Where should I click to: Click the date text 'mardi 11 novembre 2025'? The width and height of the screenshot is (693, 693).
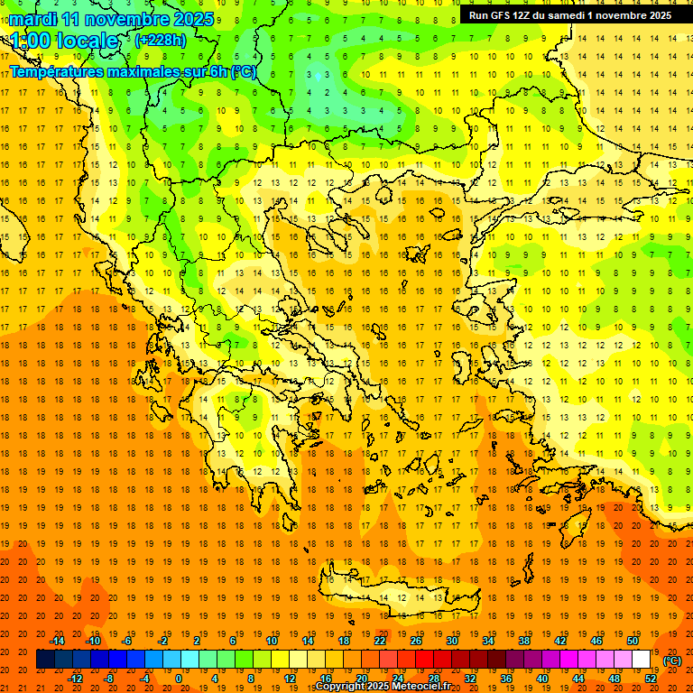[112, 19]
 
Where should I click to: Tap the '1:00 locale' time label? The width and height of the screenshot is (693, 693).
[64, 41]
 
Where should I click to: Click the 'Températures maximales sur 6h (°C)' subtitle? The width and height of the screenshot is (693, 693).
[132, 71]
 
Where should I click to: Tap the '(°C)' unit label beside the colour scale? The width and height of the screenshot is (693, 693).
[672, 661]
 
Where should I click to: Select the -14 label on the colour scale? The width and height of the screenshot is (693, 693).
[58, 641]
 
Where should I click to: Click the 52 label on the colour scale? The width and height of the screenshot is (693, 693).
[651, 679]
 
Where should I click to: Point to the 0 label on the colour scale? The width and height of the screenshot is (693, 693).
[179, 679]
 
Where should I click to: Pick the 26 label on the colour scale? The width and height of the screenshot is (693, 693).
[416, 641]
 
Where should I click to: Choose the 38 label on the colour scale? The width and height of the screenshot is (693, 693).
[524, 641]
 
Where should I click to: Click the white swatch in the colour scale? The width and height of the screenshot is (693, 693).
[642, 660]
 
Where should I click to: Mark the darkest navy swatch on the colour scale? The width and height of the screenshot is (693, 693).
[45, 660]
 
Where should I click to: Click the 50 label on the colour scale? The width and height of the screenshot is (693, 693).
[633, 641]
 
